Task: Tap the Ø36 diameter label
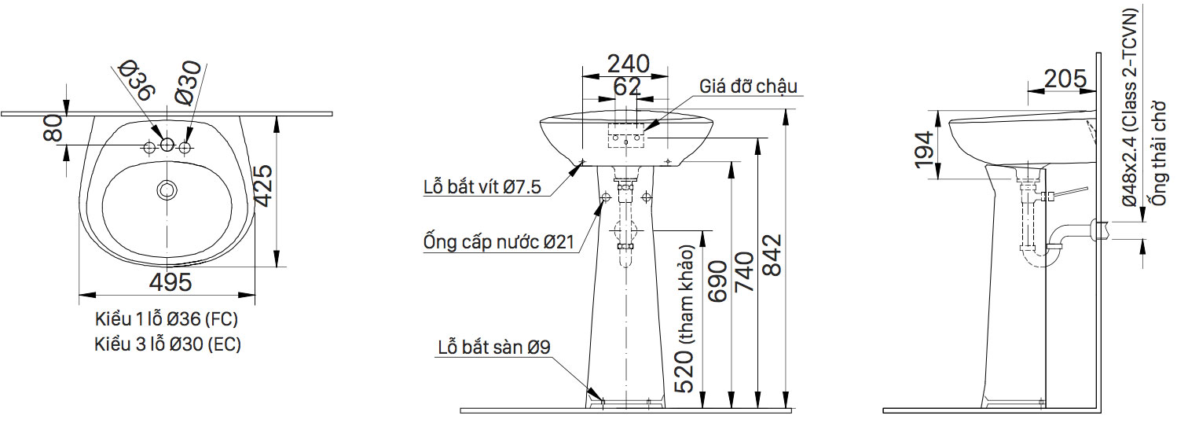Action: coord(134,80)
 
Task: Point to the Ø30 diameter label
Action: coord(189,83)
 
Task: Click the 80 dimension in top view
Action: coord(53,129)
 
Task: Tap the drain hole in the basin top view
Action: coord(167,189)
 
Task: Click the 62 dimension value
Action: coord(626,86)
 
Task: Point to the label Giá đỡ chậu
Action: coord(748,86)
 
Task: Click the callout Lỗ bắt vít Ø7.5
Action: coord(482,187)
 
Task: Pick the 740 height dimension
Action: coord(744,272)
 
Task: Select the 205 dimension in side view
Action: coord(1065,79)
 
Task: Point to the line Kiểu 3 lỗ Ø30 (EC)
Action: coord(167,344)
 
